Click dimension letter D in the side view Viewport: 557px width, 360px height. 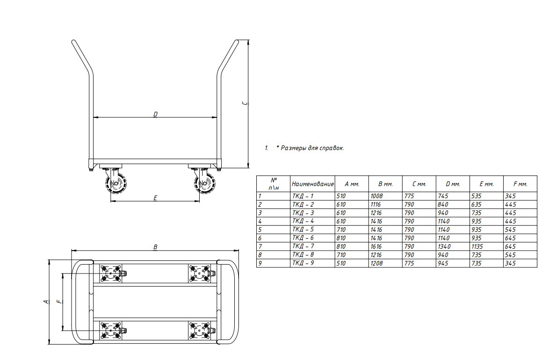coord(155,115)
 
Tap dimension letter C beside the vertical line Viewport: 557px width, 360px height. coord(245,103)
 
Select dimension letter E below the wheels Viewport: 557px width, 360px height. coord(155,198)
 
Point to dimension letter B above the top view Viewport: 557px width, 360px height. coord(155,247)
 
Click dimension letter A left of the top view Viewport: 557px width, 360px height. coord(46,302)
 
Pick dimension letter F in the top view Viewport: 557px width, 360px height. coord(59,302)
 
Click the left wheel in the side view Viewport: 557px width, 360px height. coord(116,183)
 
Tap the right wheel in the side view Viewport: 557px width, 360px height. coord(205,183)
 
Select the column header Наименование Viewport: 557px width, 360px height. coord(312,184)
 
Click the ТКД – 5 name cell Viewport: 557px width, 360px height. coord(303,230)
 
